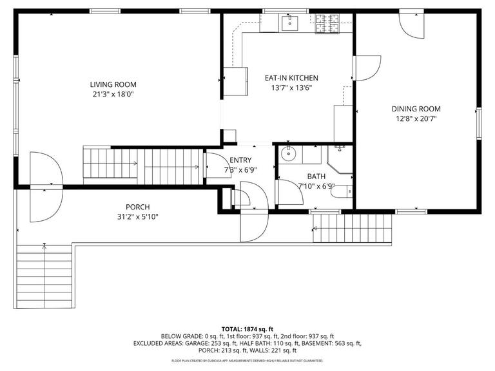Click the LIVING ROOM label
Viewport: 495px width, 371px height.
pos(113,84)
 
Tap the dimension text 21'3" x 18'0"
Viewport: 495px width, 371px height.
pos(113,94)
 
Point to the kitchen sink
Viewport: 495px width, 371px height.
pos(289,24)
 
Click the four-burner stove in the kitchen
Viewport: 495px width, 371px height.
pos(329,24)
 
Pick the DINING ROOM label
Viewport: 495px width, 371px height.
pos(416,109)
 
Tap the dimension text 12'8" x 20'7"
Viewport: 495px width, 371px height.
pos(416,119)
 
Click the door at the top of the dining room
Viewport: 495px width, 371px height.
pos(411,24)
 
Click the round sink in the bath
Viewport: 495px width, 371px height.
pos(287,155)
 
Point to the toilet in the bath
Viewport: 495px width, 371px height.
pos(345,191)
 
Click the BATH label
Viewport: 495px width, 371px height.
pos(316,176)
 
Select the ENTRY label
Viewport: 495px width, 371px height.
pos(237,160)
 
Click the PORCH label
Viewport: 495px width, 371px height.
pos(137,207)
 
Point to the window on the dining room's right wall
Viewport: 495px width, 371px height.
pos(478,122)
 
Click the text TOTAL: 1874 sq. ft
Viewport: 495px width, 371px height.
pos(247,327)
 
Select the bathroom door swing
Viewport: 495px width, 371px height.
pos(288,193)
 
